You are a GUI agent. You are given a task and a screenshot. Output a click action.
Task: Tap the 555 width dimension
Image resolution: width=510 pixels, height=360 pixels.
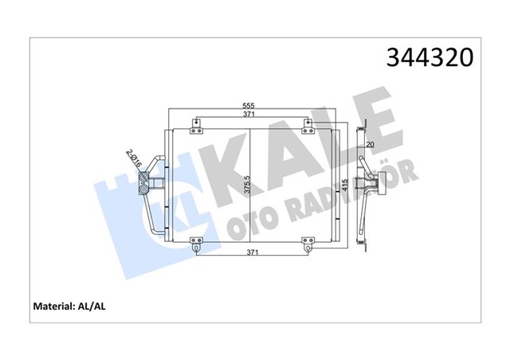[x=250, y=106]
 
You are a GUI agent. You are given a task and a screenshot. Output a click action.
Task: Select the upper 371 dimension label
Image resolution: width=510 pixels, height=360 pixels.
[x=250, y=116]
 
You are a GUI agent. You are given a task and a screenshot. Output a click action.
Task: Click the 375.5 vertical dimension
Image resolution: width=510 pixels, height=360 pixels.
[x=247, y=185]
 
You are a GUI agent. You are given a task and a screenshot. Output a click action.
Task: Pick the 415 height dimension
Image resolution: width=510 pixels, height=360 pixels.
[x=343, y=185]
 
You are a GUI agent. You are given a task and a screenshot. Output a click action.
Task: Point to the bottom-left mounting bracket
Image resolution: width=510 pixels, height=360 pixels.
[x=196, y=244]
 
